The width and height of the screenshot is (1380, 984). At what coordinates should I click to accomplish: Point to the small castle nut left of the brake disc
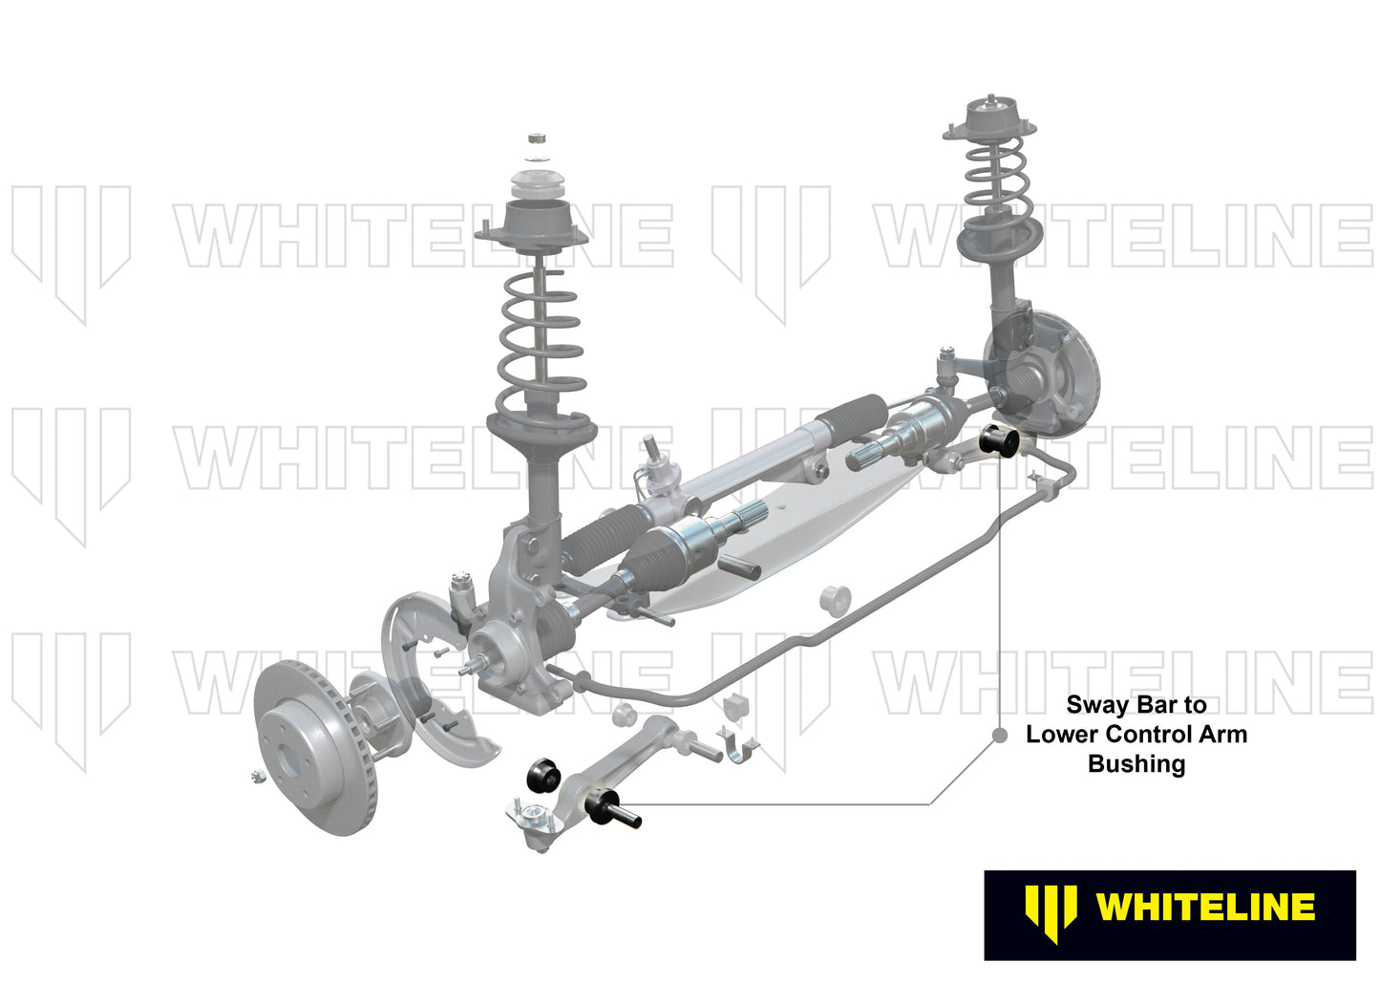[x=256, y=776]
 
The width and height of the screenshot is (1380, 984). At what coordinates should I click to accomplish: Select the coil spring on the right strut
[x=994, y=177]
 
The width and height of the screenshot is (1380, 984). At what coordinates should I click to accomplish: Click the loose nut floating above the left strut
[x=538, y=139]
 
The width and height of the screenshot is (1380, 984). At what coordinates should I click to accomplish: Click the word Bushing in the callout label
[x=1136, y=764]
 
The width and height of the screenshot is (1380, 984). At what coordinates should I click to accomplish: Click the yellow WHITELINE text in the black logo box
[x=1206, y=908]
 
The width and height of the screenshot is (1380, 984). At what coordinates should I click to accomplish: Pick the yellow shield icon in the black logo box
[x=1051, y=910]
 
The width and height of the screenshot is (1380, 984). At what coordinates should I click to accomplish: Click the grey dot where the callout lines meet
[x=1000, y=736]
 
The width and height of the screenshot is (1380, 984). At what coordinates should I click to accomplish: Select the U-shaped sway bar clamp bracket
[x=738, y=745]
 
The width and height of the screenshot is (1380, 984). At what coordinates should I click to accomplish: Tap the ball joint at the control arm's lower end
[x=531, y=820]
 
